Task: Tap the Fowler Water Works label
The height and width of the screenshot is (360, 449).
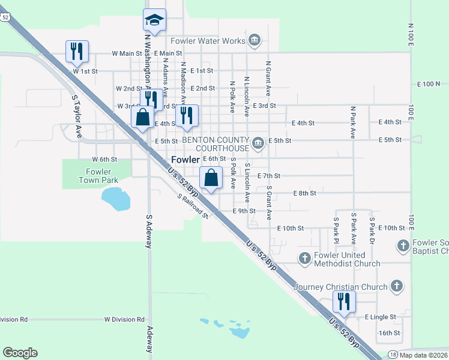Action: pyautogui.click(x=208, y=41)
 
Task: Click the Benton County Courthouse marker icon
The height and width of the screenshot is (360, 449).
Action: pyautogui.click(x=258, y=142)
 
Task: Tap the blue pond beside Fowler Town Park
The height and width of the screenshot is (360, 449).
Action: pyautogui.click(x=115, y=198)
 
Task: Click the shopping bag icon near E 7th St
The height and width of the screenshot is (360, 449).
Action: pyautogui.click(x=211, y=178)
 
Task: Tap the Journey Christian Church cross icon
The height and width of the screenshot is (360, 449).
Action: pyautogui.click(x=396, y=286)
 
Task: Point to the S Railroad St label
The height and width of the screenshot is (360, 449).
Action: pyautogui.click(x=192, y=205)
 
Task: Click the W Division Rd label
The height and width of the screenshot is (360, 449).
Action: pyautogui.click(x=124, y=320)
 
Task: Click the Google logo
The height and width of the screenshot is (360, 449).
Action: pyautogui.click(x=20, y=353)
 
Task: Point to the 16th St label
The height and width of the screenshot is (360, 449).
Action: pyautogui.click(x=389, y=332)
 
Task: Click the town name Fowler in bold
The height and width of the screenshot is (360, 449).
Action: pyautogui.click(x=185, y=160)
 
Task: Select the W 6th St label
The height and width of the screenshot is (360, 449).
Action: pyautogui.click(x=104, y=159)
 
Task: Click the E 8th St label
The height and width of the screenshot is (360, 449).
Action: pyautogui.click(x=304, y=193)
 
